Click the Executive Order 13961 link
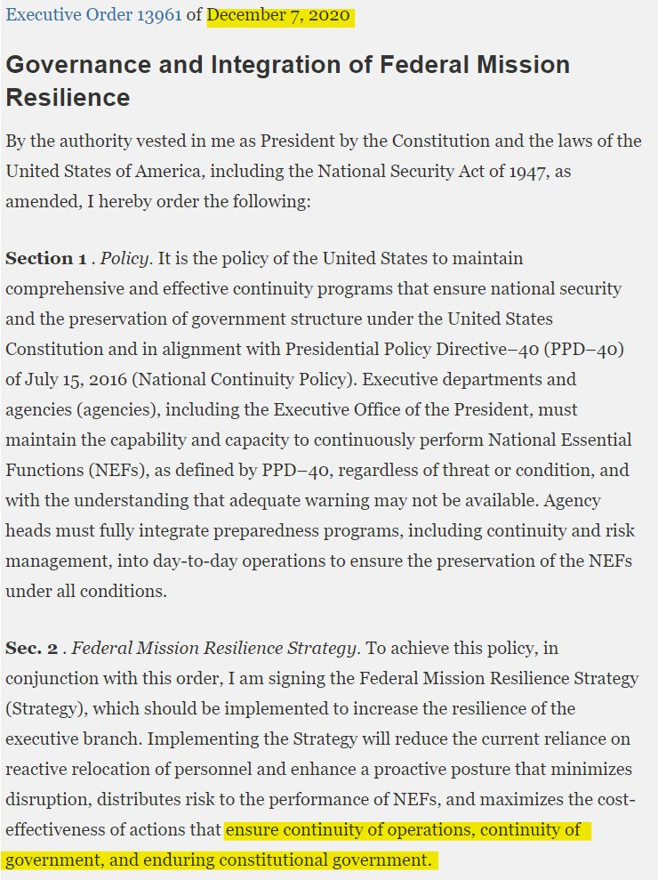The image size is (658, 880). (92, 17)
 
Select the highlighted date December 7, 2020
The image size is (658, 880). (280, 17)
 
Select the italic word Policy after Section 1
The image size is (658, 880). (125, 259)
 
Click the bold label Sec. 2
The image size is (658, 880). (31, 649)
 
